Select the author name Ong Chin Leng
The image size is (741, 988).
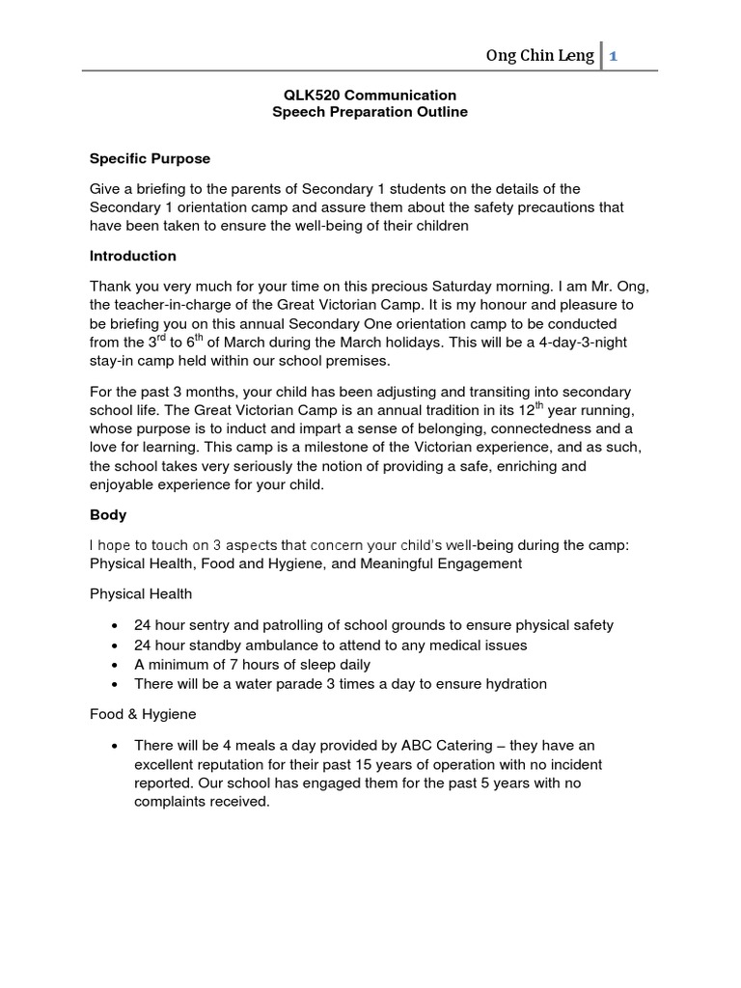[539, 56]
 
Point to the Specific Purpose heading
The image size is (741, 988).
[150, 157]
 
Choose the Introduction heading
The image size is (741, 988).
[133, 256]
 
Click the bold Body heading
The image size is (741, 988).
[108, 515]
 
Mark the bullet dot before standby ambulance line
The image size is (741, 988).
[116, 645]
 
